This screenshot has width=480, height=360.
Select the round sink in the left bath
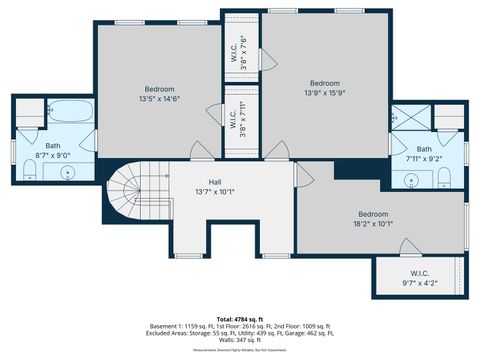click(68, 172)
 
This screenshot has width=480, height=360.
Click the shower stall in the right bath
click(407, 118)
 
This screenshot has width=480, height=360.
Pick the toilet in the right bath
click(441, 178)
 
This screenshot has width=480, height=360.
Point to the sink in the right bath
click(412, 180)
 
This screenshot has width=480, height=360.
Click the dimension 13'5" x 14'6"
click(159, 97)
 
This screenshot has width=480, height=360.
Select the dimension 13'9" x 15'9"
click(324, 92)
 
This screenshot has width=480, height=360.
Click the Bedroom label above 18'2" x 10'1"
click(373, 214)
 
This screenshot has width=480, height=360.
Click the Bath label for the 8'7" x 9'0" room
click(51, 145)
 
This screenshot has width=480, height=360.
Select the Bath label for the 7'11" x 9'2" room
click(424, 149)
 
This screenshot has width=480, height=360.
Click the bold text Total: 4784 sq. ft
click(240, 318)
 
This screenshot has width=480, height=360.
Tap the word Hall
click(214, 182)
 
